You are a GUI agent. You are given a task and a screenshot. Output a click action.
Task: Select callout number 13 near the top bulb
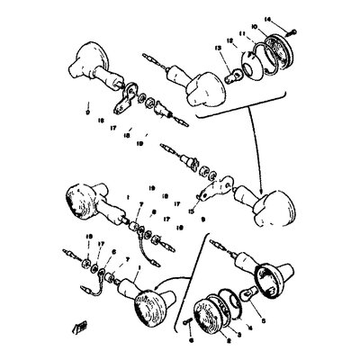point(218,46)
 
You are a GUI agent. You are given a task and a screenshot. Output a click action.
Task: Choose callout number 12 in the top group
point(230,40)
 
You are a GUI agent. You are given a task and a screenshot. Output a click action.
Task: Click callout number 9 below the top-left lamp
point(86,113)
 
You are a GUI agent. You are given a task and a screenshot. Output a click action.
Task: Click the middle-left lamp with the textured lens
point(78,201)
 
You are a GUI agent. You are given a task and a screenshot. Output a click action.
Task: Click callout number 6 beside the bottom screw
point(192,342)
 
